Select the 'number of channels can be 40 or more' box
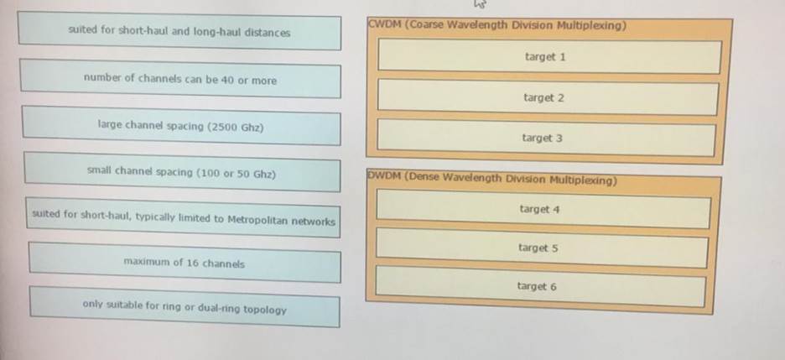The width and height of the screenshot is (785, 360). tap(179, 81)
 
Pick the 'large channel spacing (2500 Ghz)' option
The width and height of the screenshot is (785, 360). tap(180, 127)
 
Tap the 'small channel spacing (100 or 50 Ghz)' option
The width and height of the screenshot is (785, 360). tap(181, 174)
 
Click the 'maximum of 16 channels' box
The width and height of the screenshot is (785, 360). tap(185, 263)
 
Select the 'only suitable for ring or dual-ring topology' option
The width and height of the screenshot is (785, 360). tap(185, 308)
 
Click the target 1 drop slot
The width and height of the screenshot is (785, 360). tap(545, 57)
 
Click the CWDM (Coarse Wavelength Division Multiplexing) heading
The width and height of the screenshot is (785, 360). tap(498, 25)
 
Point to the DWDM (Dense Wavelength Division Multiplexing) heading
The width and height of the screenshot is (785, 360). tap(491, 180)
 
